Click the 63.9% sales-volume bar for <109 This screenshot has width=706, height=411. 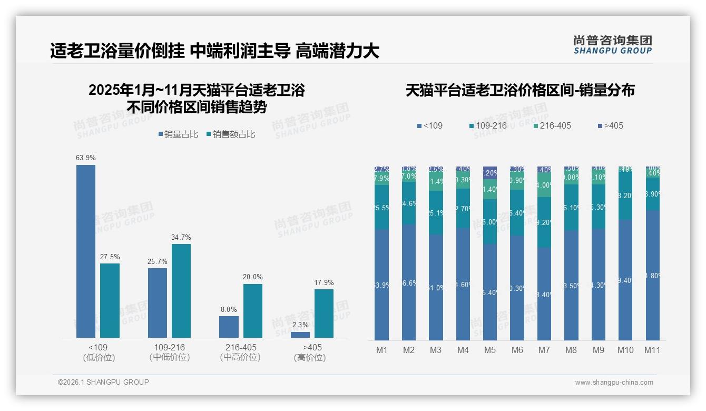click(x=86, y=251)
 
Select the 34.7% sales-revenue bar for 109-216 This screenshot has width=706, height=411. click(x=181, y=290)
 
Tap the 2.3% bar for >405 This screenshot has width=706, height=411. click(x=300, y=335)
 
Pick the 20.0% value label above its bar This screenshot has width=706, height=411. click(x=253, y=277)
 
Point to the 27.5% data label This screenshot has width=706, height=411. click(x=110, y=257)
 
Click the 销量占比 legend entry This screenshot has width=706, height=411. click(x=178, y=134)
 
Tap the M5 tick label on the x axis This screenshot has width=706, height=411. click(x=490, y=350)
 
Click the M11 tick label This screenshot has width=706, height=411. click(x=652, y=350)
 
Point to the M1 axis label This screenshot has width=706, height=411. click(x=381, y=350)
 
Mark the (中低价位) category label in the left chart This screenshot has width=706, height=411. click(x=170, y=357)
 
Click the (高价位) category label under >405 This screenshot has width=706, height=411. click(x=312, y=357)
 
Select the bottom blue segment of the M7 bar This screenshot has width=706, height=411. click(x=544, y=294)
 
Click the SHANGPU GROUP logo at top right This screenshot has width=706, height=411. click(x=612, y=45)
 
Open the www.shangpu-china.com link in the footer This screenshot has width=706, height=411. click(x=614, y=383)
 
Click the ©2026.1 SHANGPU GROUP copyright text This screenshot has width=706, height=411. click(x=103, y=382)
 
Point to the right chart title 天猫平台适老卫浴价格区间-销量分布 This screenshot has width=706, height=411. click(x=520, y=90)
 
